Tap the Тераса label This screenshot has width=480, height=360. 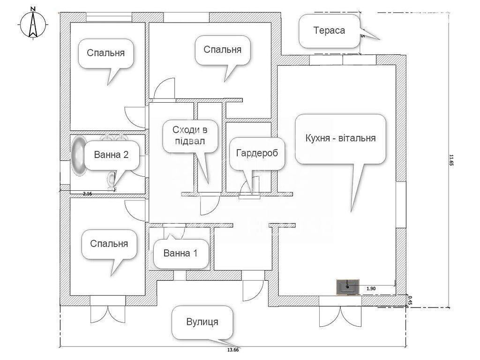pyautogui.click(x=329, y=31)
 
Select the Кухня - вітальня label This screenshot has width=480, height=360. pyautogui.click(x=340, y=139)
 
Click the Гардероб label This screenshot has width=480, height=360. pyautogui.click(x=257, y=153)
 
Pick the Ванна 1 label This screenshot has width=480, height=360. pyautogui.click(x=180, y=253)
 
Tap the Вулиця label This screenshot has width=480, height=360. pyautogui.click(x=202, y=322)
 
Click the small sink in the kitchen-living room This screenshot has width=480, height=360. pyautogui.click(x=347, y=287)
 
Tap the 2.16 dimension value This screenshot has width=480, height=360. pyautogui.click(x=87, y=193)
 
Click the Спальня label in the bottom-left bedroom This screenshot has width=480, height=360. pyautogui.click(x=109, y=244)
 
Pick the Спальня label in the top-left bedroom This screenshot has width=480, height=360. pyautogui.click(x=105, y=52)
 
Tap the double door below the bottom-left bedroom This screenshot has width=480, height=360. pyautogui.click(x=107, y=313)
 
